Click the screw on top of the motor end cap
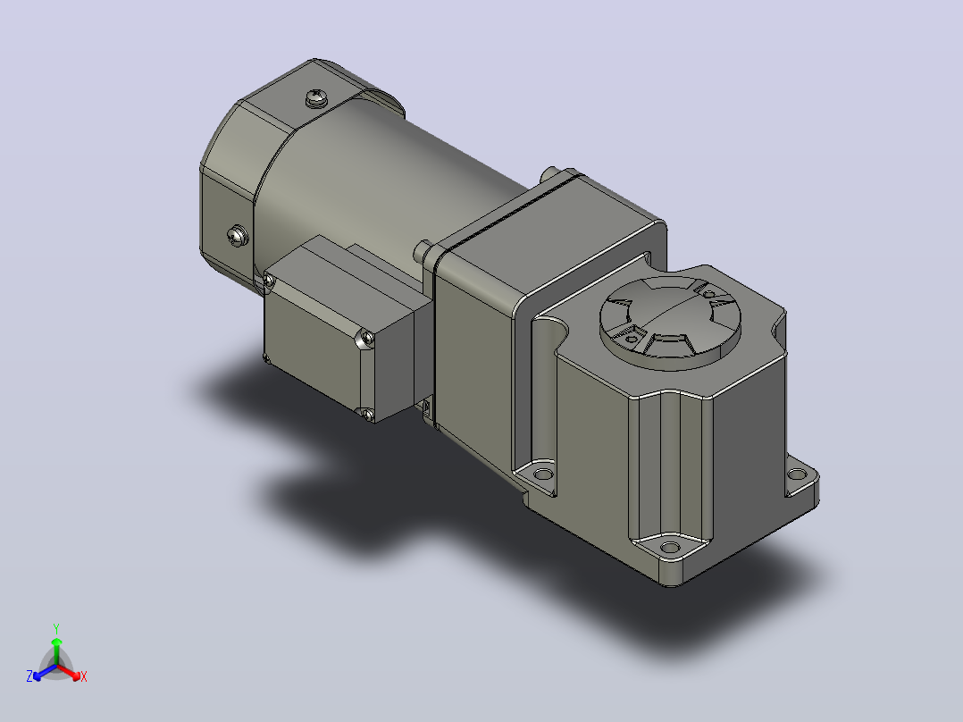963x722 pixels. point(317,97)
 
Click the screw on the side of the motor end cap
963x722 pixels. point(237,235)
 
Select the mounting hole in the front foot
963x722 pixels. point(670,547)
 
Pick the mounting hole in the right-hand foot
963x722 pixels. point(797,474)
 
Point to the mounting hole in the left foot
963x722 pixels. point(543,474)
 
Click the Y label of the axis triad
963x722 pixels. point(56,628)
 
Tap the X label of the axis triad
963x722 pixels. point(84,676)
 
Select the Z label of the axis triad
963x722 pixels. point(29,676)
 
